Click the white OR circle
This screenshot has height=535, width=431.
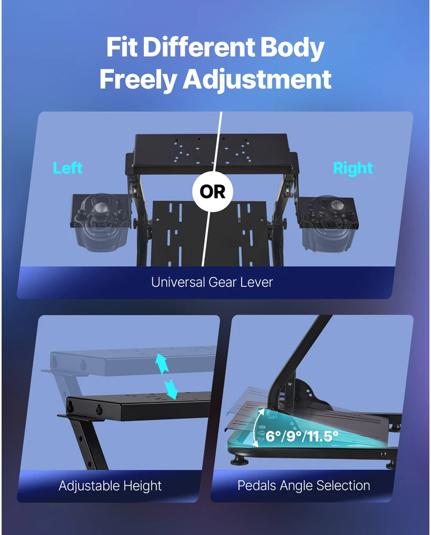click(x=212, y=192)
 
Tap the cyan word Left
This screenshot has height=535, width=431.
click(x=67, y=168)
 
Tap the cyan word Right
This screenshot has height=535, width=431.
click(x=352, y=168)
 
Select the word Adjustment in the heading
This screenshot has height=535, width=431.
click(x=257, y=79)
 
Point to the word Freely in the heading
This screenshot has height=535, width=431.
click(x=138, y=79)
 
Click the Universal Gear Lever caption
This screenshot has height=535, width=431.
click(x=212, y=282)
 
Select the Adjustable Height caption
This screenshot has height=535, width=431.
click(x=110, y=486)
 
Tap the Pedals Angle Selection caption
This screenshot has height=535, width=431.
click(x=304, y=485)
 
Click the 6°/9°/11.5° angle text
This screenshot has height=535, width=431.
click(x=302, y=436)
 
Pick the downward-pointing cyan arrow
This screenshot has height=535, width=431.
click(x=171, y=389)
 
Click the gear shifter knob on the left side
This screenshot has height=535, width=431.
click(x=99, y=207)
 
